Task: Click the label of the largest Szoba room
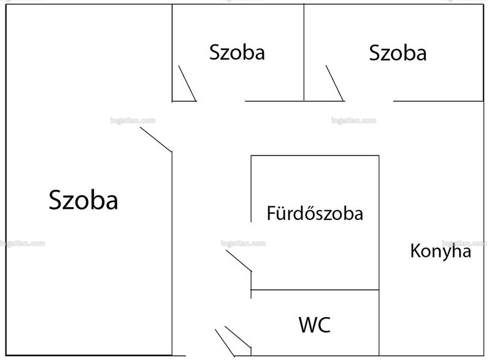pos(83,200)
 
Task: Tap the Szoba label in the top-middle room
pos(237,52)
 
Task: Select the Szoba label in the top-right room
pos(398,53)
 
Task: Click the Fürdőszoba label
pos(315,213)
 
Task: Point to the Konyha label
pos(441,251)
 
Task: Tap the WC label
pos(314,325)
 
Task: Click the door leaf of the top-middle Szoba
pos(187,84)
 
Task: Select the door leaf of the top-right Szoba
pos(334,83)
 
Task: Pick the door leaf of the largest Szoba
pos(156,139)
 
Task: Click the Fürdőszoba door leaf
pos(239,260)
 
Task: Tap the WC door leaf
pos(238,337)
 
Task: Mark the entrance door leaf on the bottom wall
pos(225,343)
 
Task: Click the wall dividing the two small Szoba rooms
pos(304,52)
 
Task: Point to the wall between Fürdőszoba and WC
pos(315,290)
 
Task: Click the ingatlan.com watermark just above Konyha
pos(464,243)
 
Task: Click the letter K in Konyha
pos(415,251)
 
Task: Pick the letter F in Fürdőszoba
pos(271,213)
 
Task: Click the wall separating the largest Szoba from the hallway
pos(172,254)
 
